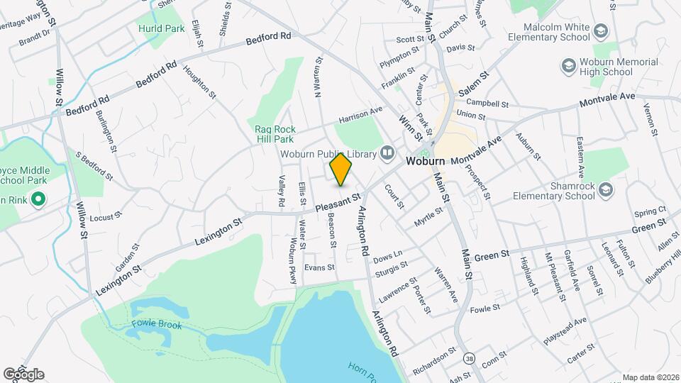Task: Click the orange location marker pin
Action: point(341,170)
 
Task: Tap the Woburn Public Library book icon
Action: point(387,152)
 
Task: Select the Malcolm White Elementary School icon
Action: point(601,30)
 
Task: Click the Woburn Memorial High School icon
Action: point(568,66)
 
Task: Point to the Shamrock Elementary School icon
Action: point(605,189)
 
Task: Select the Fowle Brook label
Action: point(156,325)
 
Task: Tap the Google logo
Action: point(23,374)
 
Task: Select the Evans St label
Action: point(319,267)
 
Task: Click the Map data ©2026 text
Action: point(650,377)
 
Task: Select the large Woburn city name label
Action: point(426,162)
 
